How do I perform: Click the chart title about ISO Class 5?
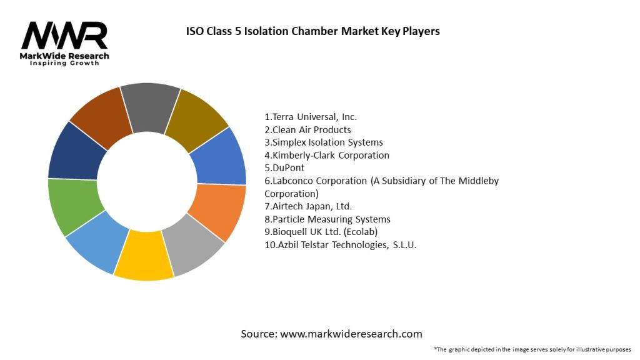[x=313, y=31]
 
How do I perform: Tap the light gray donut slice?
[x=192, y=246]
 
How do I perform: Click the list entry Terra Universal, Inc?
[x=311, y=117]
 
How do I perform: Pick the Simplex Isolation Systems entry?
[x=324, y=142]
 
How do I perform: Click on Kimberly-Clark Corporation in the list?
[x=327, y=155]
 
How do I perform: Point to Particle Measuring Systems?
[x=327, y=219]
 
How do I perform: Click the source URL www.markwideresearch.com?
[x=351, y=334]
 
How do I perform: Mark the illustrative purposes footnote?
[x=532, y=349]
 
